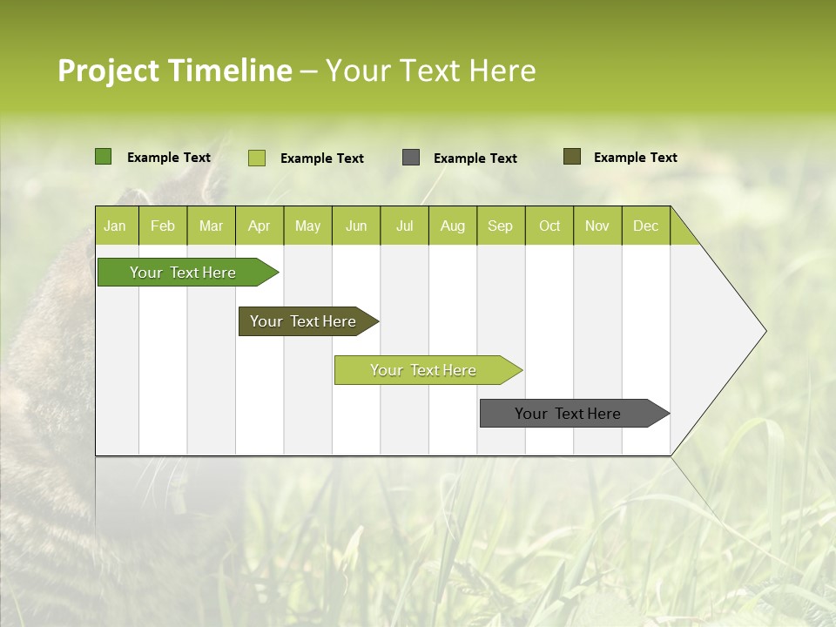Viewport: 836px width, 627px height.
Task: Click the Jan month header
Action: pyautogui.click(x=115, y=226)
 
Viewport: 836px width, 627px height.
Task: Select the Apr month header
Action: pyautogui.click(x=259, y=226)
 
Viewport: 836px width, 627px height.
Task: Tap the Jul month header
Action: pyautogui.click(x=404, y=226)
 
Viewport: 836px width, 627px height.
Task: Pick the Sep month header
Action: pyautogui.click(x=500, y=226)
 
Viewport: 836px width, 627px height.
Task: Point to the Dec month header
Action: pyautogui.click(x=645, y=226)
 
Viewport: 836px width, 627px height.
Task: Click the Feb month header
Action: pyautogui.click(x=163, y=226)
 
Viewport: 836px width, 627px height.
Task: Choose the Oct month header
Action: pyautogui.click(x=549, y=226)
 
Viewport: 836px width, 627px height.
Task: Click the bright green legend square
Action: pyautogui.click(x=104, y=157)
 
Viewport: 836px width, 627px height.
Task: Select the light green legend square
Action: pyautogui.click(x=257, y=158)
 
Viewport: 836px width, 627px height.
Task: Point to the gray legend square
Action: pyautogui.click(x=411, y=158)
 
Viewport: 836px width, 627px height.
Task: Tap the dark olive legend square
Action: pyautogui.click(x=572, y=157)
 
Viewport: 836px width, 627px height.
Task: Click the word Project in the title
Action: pyautogui.click(x=108, y=71)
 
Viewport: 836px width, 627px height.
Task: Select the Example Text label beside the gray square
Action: pyautogui.click(x=475, y=158)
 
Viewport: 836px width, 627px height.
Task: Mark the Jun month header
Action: pyautogui.click(x=356, y=226)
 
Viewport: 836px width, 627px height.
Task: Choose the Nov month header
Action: pyautogui.click(x=597, y=226)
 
